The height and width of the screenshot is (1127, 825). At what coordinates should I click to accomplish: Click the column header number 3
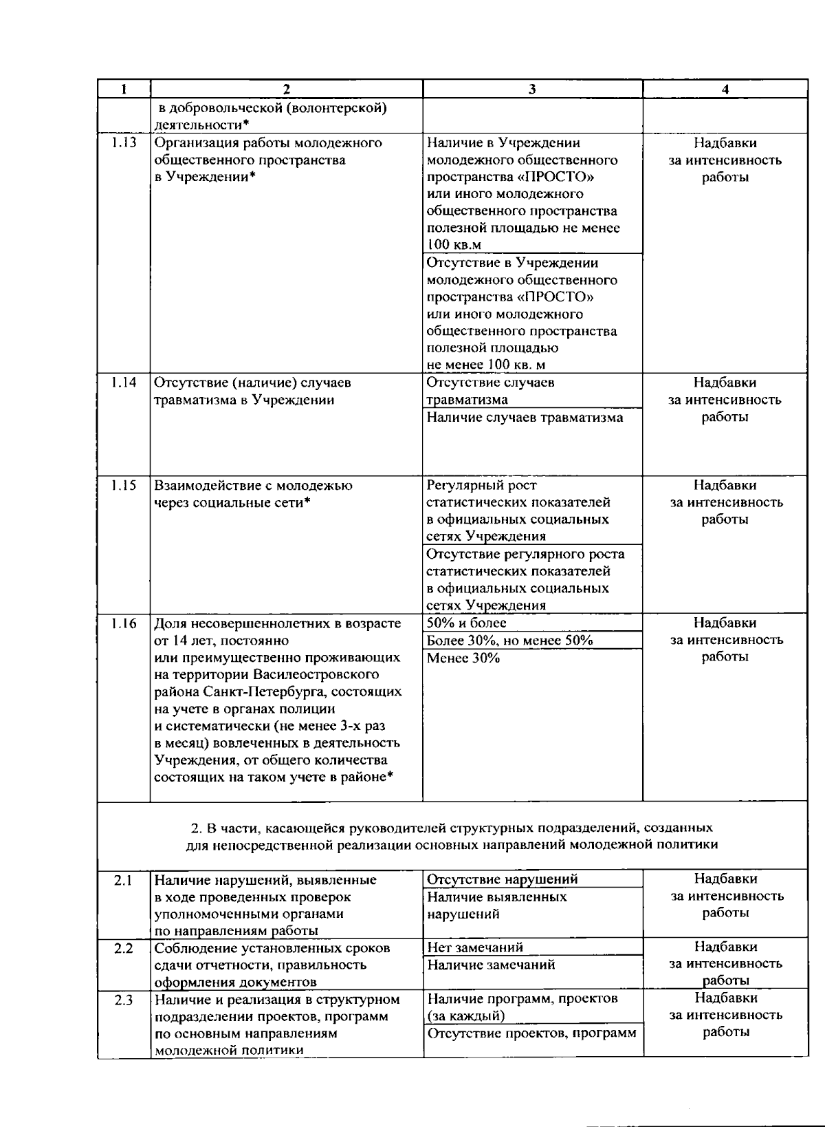[x=532, y=89]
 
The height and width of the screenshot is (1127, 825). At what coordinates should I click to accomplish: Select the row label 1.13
[x=124, y=143]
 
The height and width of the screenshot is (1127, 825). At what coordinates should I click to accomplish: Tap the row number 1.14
[x=124, y=383]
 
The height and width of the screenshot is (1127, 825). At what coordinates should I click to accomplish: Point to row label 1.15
[x=124, y=486]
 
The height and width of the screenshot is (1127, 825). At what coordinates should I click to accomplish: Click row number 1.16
[x=124, y=623]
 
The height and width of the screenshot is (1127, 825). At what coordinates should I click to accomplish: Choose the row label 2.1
[x=123, y=879]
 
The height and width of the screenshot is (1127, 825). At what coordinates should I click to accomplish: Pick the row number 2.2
[x=123, y=948]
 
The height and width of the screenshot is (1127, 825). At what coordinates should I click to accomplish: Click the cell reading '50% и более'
[x=467, y=623]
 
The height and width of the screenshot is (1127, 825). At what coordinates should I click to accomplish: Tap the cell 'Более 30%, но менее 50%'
[x=509, y=640]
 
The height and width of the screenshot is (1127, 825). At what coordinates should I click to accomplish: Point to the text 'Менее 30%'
[x=463, y=658]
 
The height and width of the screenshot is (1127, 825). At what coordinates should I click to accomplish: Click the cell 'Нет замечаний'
[x=475, y=947]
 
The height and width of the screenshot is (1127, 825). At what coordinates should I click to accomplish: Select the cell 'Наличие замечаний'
[x=491, y=965]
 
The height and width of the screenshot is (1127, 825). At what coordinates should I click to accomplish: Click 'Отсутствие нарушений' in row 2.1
[x=502, y=879]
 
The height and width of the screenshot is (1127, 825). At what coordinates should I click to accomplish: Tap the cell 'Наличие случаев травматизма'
[x=525, y=417]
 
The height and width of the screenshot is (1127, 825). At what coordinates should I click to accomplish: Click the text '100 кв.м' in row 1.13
[x=454, y=245]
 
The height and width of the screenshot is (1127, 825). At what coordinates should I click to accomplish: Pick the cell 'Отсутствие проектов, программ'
[x=531, y=1033]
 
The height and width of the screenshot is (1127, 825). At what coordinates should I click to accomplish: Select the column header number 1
[x=123, y=89]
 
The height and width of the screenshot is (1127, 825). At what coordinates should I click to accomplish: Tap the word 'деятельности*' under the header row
[x=201, y=125]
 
